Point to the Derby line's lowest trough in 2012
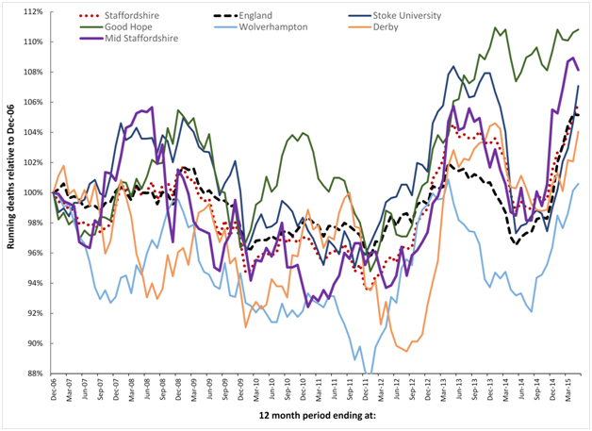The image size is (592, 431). [404, 350]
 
